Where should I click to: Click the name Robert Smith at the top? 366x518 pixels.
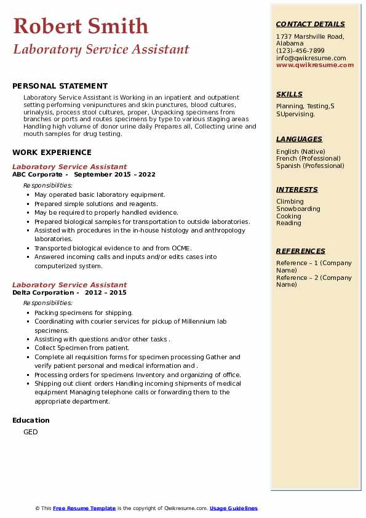81,26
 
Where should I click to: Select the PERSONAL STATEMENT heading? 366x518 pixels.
60,86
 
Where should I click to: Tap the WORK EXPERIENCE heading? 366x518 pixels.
52,153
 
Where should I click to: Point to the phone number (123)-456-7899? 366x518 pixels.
300,51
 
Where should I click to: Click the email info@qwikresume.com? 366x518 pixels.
311,58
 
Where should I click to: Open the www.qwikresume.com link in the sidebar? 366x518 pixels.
315,65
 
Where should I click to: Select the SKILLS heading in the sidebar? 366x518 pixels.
289,94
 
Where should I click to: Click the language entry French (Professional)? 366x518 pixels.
309,159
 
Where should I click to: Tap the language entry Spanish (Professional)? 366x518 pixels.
310,165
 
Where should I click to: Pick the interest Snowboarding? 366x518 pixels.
298,209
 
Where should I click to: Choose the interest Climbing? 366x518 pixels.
290,202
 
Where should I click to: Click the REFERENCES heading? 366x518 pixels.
301,251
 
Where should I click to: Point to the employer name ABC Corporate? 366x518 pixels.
38,174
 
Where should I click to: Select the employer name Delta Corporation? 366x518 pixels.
42,292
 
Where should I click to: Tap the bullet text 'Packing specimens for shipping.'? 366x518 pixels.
83,313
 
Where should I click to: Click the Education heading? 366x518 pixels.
31,420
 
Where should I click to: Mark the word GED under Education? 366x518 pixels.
31,432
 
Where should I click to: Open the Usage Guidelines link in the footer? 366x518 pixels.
233,508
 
